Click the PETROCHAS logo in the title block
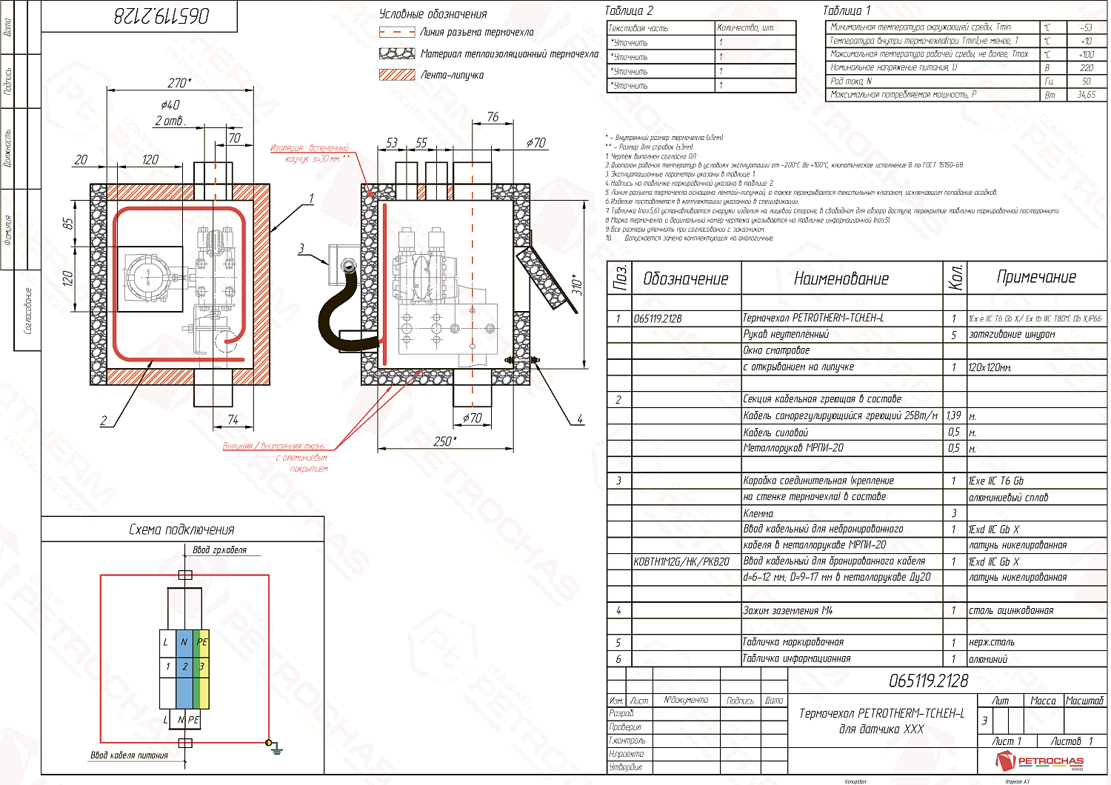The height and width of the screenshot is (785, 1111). [1040, 761]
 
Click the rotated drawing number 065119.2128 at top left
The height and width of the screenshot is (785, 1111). [161, 16]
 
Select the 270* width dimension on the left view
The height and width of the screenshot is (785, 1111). [179, 83]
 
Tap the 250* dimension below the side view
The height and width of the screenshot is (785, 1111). [444, 441]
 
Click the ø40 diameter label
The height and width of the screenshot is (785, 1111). [170, 105]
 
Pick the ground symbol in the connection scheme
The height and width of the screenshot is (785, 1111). [276, 748]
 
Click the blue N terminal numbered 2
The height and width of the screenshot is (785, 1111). [184, 667]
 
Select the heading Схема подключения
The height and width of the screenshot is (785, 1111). [181, 530]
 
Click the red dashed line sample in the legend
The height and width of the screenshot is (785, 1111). [397, 33]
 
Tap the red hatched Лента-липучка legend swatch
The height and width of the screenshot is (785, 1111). [397, 75]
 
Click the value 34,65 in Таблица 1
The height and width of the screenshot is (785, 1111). [1087, 95]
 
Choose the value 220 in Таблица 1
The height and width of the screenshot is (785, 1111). [1087, 67]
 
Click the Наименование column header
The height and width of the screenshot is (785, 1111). [841, 278]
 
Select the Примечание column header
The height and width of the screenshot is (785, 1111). [1036, 277]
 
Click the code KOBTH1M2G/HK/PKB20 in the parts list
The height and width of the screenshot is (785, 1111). [681, 562]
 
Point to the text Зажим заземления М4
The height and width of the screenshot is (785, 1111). [788, 611]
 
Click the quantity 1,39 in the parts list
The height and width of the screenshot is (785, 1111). [954, 416]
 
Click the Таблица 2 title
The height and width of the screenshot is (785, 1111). [629, 10]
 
